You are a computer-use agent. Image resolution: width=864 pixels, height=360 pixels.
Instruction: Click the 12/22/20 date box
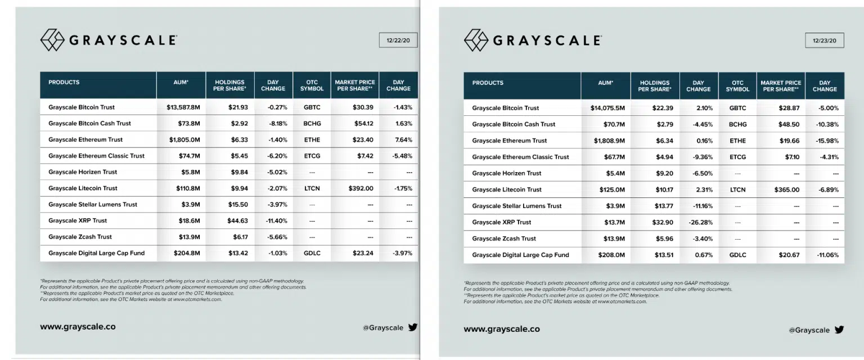(x=398, y=40)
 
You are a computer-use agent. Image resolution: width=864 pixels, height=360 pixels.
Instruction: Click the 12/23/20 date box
(x=825, y=40)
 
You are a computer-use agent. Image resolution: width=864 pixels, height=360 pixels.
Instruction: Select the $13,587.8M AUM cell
(x=183, y=107)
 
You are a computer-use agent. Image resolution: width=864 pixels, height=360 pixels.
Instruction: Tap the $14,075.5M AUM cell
(x=607, y=108)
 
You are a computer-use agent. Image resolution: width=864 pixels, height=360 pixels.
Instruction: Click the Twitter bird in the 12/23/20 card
(x=839, y=330)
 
